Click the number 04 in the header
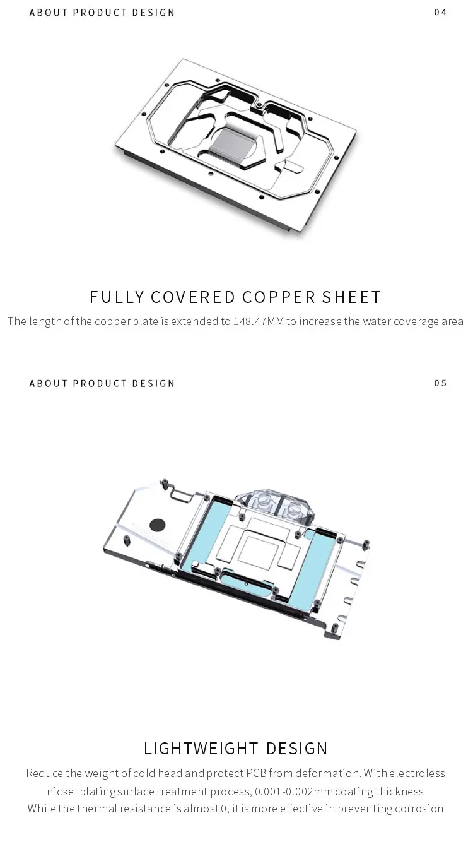pyautogui.click(x=440, y=13)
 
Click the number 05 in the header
pyautogui.click(x=440, y=383)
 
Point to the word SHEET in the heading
pyautogui.click(x=352, y=297)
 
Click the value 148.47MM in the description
pyautogui.click(x=259, y=321)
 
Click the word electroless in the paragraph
pyautogui.click(x=417, y=773)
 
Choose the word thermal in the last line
pyautogui.click(x=99, y=809)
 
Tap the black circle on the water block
pyautogui.click(x=157, y=524)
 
